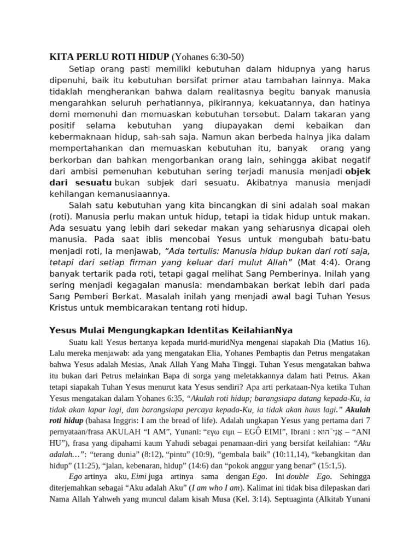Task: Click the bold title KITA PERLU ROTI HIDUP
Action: point(109,57)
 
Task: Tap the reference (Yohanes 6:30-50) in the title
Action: point(208,57)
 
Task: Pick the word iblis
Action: point(158,239)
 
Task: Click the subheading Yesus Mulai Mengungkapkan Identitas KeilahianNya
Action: point(171,331)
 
